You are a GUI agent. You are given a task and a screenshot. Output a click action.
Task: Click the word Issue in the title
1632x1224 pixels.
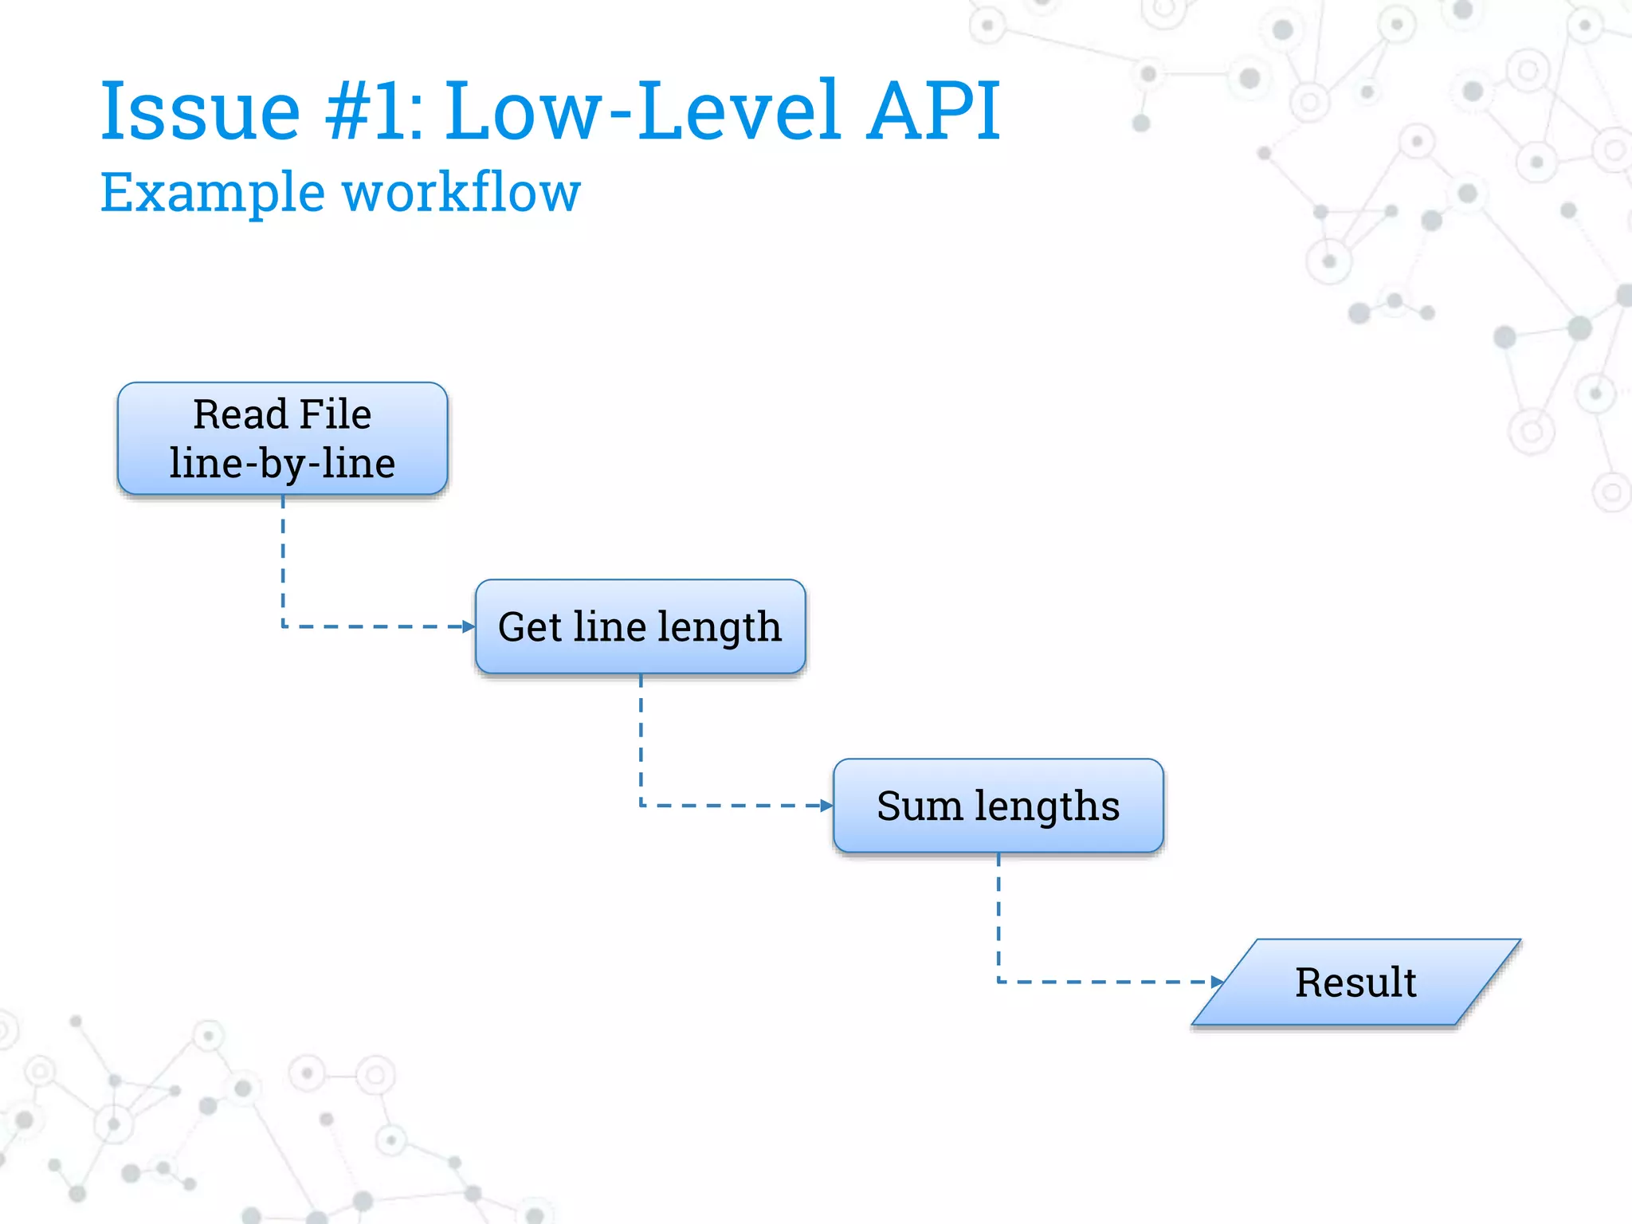[200, 112]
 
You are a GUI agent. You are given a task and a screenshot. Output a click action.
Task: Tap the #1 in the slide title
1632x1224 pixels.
[372, 112]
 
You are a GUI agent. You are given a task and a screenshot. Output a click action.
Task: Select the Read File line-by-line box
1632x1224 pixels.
[282, 438]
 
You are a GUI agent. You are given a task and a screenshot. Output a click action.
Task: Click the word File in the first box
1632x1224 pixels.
[335, 414]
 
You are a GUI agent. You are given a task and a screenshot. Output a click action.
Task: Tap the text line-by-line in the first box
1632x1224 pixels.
[282, 464]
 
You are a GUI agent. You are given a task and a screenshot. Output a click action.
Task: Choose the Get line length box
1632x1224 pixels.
[640, 626]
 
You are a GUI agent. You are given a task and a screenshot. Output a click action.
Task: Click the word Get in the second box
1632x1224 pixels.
[530, 627]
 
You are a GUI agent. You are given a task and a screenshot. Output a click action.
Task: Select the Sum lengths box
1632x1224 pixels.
[998, 806]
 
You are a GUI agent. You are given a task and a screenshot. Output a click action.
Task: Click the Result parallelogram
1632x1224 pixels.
[1355, 982]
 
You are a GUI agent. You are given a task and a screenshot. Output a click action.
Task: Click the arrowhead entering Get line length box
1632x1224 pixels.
[469, 627]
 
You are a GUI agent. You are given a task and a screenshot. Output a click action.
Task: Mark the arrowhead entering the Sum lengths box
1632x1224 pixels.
[826, 806]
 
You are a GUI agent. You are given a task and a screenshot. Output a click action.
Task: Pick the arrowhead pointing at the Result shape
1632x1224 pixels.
[1216, 982]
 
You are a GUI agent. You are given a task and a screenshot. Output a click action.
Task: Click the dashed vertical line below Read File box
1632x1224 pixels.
[283, 558]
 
